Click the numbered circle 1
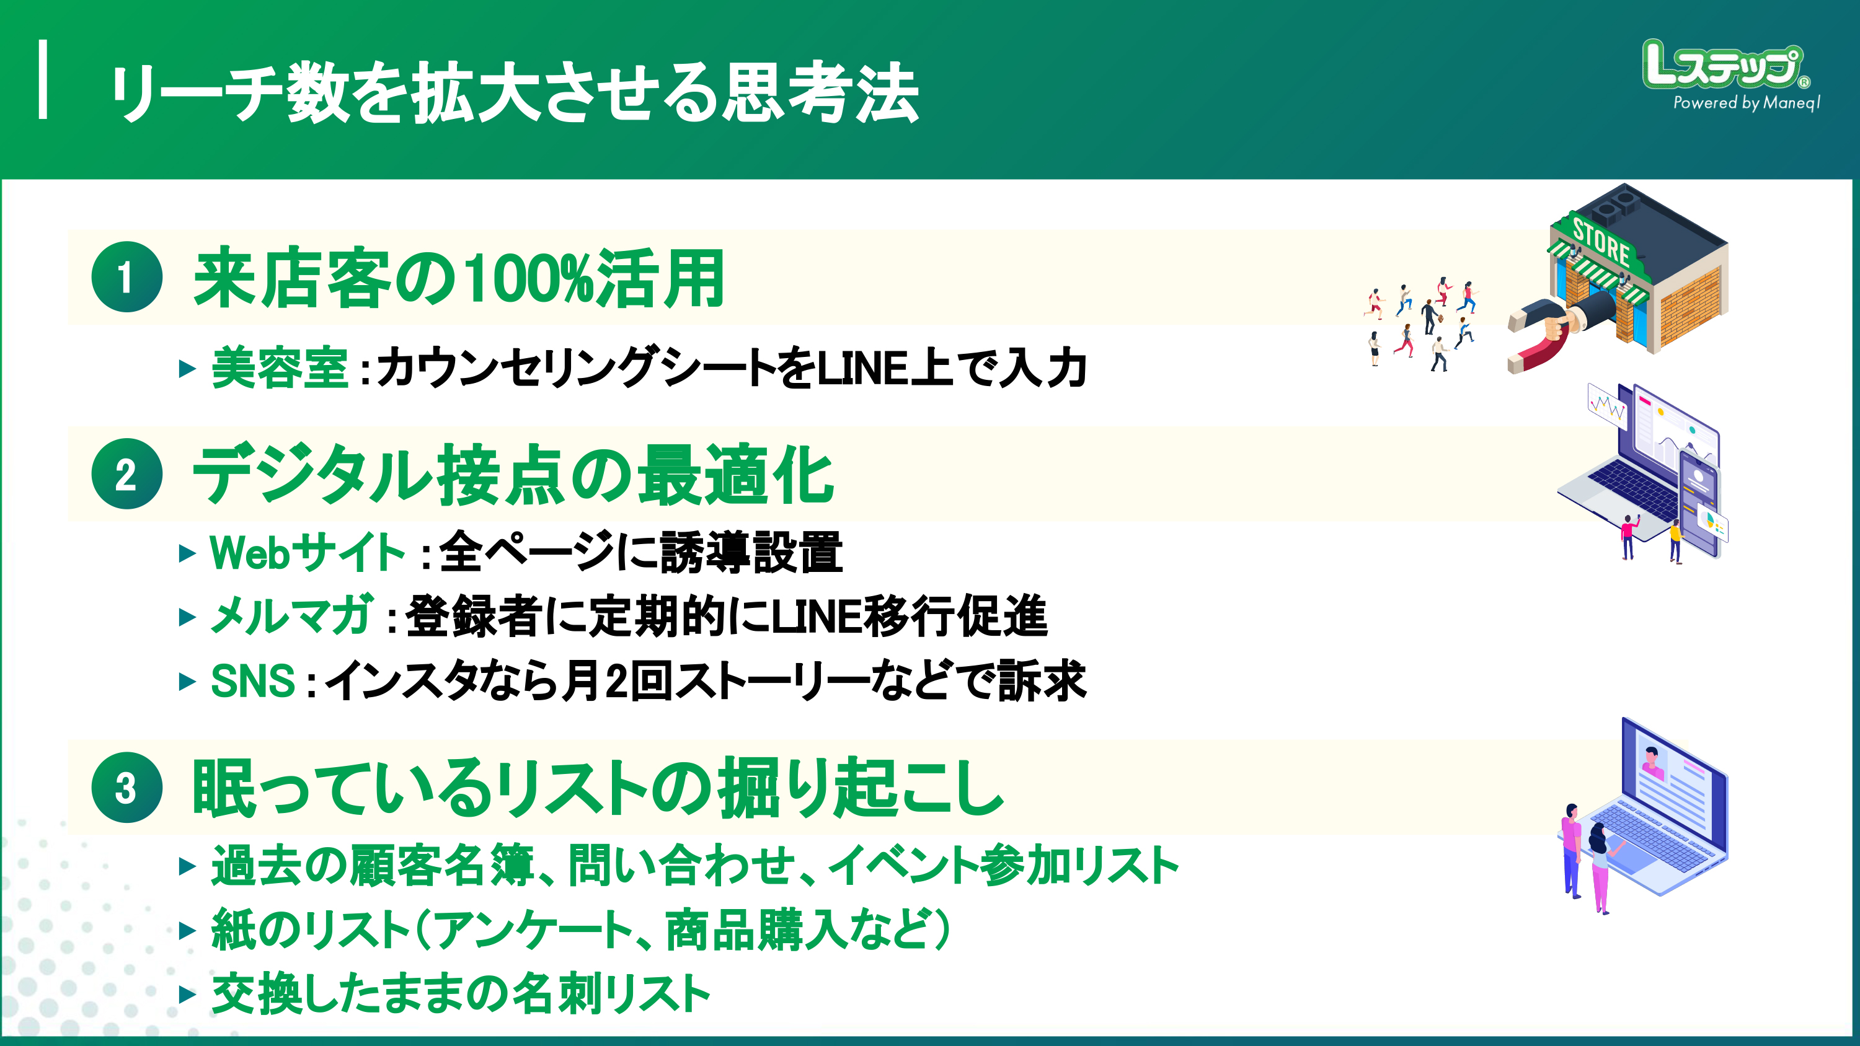[126, 277]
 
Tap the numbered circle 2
[126, 474]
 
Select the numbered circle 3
[126, 788]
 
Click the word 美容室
[280, 368]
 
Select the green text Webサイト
[307, 553]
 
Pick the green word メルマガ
[291, 617]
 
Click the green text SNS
[253, 681]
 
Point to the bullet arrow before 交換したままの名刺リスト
[187, 995]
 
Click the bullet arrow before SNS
[187, 682]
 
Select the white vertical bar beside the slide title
[43, 79]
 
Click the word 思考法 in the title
[821, 92]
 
